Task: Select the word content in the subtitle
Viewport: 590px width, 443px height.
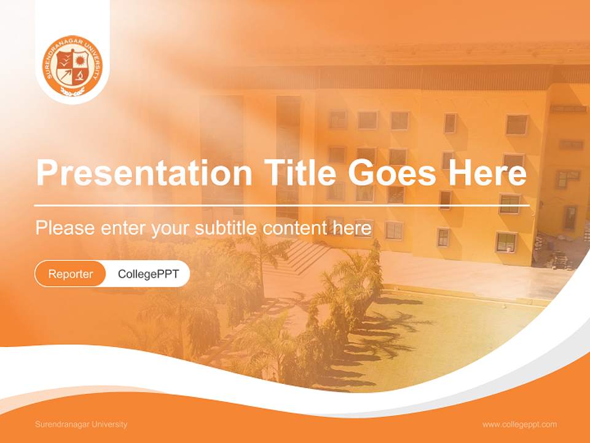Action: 293,228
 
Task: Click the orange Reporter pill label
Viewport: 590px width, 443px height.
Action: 70,274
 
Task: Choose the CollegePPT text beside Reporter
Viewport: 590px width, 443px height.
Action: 148,274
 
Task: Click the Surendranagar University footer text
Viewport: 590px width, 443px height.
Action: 81,425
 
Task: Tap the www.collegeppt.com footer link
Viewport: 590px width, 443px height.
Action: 519,425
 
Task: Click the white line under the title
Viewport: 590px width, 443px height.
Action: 281,206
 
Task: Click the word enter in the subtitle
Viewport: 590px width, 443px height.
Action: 113,228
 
